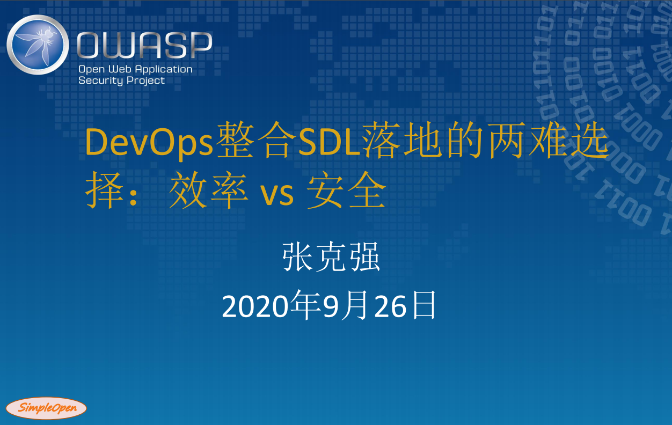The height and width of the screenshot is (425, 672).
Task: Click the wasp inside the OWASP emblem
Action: (x=38, y=45)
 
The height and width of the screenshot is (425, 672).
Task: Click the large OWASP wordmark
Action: (x=144, y=45)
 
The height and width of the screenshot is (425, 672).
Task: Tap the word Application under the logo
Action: (x=164, y=70)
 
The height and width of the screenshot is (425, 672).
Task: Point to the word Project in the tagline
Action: (x=145, y=80)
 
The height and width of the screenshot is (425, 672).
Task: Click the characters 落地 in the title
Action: (x=402, y=141)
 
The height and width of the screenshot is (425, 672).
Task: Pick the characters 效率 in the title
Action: (x=209, y=190)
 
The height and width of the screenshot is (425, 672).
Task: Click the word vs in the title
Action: (x=276, y=194)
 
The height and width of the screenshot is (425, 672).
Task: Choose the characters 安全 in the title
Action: (x=346, y=190)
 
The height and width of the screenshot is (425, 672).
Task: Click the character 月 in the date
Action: (x=355, y=305)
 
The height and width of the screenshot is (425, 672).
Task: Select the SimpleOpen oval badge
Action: (x=46, y=408)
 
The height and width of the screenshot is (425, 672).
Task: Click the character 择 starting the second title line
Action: (x=105, y=190)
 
